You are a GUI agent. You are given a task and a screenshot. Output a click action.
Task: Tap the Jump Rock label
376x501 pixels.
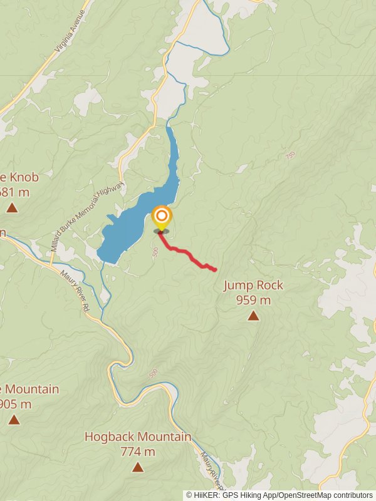click(x=253, y=286)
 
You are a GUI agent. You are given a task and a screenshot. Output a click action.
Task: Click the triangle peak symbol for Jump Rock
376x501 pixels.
click(x=253, y=316)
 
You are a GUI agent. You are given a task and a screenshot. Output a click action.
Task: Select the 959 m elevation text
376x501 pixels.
click(x=253, y=300)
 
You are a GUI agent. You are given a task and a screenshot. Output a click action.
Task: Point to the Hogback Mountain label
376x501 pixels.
click(x=138, y=436)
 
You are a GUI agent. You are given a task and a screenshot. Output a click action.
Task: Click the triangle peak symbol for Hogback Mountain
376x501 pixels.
click(x=138, y=467)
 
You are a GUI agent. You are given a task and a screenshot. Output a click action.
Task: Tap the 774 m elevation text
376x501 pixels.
click(x=138, y=451)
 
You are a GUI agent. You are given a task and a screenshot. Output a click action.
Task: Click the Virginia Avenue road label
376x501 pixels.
click(x=69, y=38)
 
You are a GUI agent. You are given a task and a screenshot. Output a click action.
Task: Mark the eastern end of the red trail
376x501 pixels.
click(x=215, y=270)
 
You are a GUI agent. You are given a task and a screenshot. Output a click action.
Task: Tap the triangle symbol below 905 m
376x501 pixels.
click(x=14, y=420)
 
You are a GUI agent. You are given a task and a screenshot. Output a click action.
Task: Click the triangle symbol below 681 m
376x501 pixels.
click(x=12, y=207)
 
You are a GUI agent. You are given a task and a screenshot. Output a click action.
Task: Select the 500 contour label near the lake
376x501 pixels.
click(x=154, y=252)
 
